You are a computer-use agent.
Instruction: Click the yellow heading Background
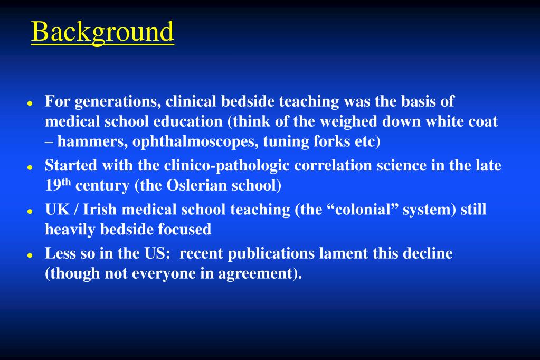(x=102, y=32)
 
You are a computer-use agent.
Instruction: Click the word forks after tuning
(x=322, y=142)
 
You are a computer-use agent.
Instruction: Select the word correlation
(x=333, y=165)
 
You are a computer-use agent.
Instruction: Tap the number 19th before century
(x=58, y=185)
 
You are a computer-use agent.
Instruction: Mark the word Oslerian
(x=193, y=186)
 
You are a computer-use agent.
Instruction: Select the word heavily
(x=70, y=230)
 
